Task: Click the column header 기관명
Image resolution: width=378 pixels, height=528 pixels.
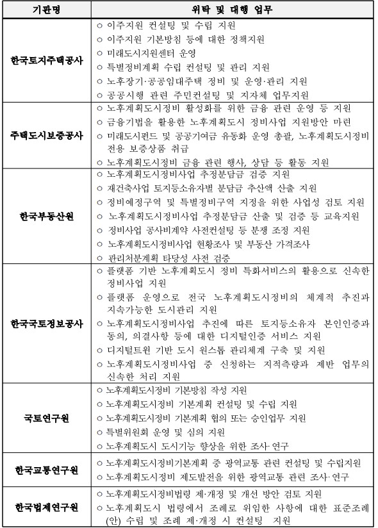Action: pos(47,11)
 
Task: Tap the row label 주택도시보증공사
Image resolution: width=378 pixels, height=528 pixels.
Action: pos(47,136)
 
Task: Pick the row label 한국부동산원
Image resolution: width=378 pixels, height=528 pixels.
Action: pos(47,215)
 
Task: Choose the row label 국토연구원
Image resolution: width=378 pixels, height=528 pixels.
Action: pos(47,418)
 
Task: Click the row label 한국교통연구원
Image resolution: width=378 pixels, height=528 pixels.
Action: pos(47,470)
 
